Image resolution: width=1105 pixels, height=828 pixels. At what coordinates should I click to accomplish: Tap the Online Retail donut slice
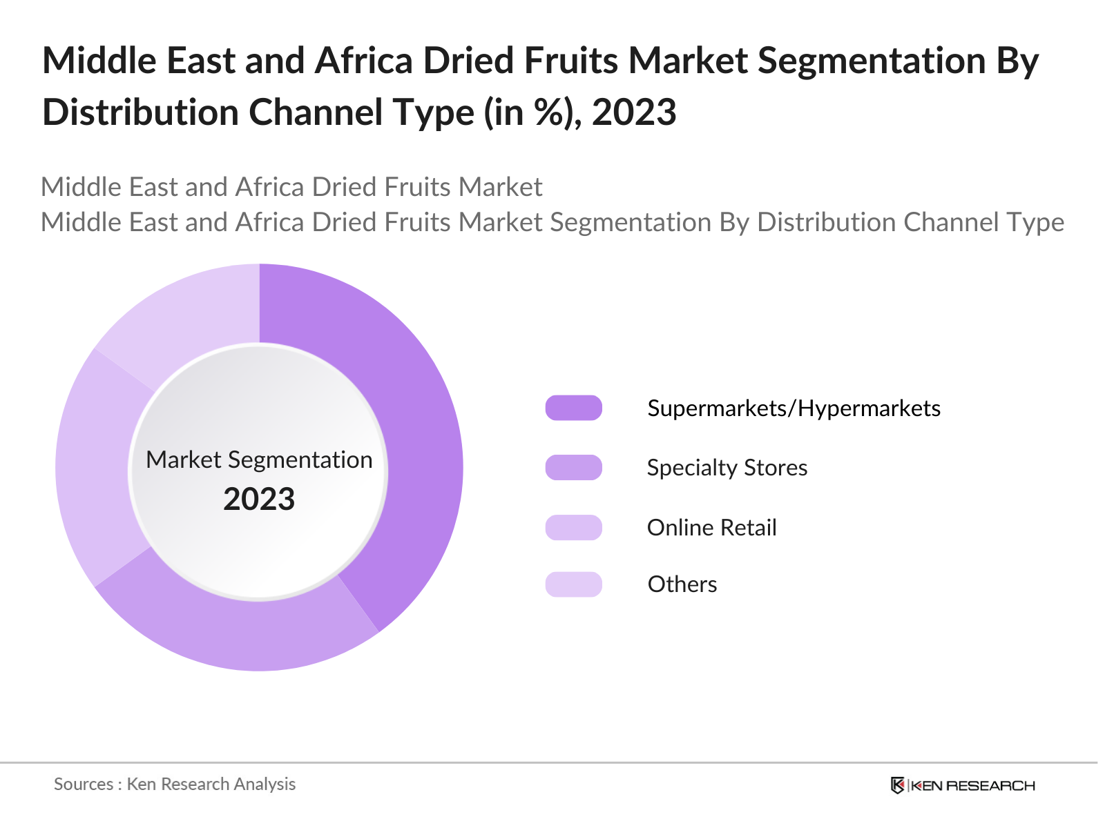[93, 469]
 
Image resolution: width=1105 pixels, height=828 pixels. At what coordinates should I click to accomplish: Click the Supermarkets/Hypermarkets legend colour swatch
[573, 408]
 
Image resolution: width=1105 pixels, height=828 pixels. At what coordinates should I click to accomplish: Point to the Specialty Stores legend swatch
[573, 468]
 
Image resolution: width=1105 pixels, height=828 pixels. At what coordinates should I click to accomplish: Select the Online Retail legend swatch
[573, 528]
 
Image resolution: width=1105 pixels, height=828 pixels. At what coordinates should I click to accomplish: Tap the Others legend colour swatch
[573, 584]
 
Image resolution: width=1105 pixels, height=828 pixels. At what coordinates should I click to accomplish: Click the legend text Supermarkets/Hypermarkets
[794, 408]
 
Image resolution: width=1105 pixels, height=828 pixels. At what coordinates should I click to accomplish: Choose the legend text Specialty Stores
[727, 468]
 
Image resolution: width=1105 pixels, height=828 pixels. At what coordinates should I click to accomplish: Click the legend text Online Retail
[711, 528]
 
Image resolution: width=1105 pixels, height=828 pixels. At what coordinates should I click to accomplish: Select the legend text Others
[682, 584]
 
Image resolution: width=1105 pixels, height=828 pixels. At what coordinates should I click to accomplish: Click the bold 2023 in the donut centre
[259, 499]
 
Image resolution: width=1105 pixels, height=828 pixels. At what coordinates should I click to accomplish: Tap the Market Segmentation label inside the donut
[259, 460]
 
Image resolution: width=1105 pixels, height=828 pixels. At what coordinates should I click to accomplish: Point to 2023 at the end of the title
[634, 112]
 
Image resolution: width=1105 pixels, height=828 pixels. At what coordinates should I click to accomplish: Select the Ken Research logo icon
[897, 785]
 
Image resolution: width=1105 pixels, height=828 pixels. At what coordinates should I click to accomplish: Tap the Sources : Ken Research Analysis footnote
[175, 785]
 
